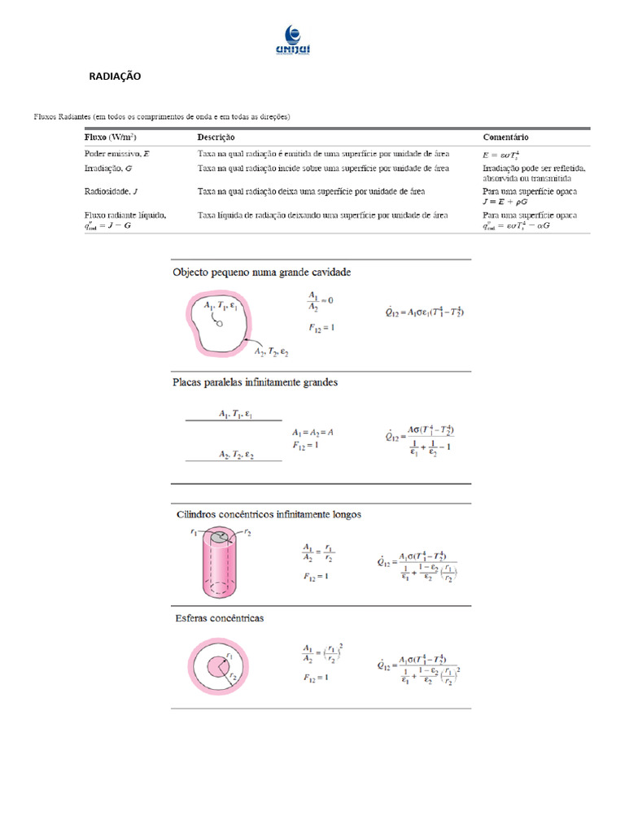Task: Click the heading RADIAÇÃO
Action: (115, 76)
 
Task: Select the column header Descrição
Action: (216, 137)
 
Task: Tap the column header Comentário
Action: (508, 137)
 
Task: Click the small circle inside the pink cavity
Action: (218, 323)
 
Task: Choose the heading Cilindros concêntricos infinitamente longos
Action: (269, 514)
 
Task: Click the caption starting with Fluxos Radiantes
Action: (162, 116)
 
